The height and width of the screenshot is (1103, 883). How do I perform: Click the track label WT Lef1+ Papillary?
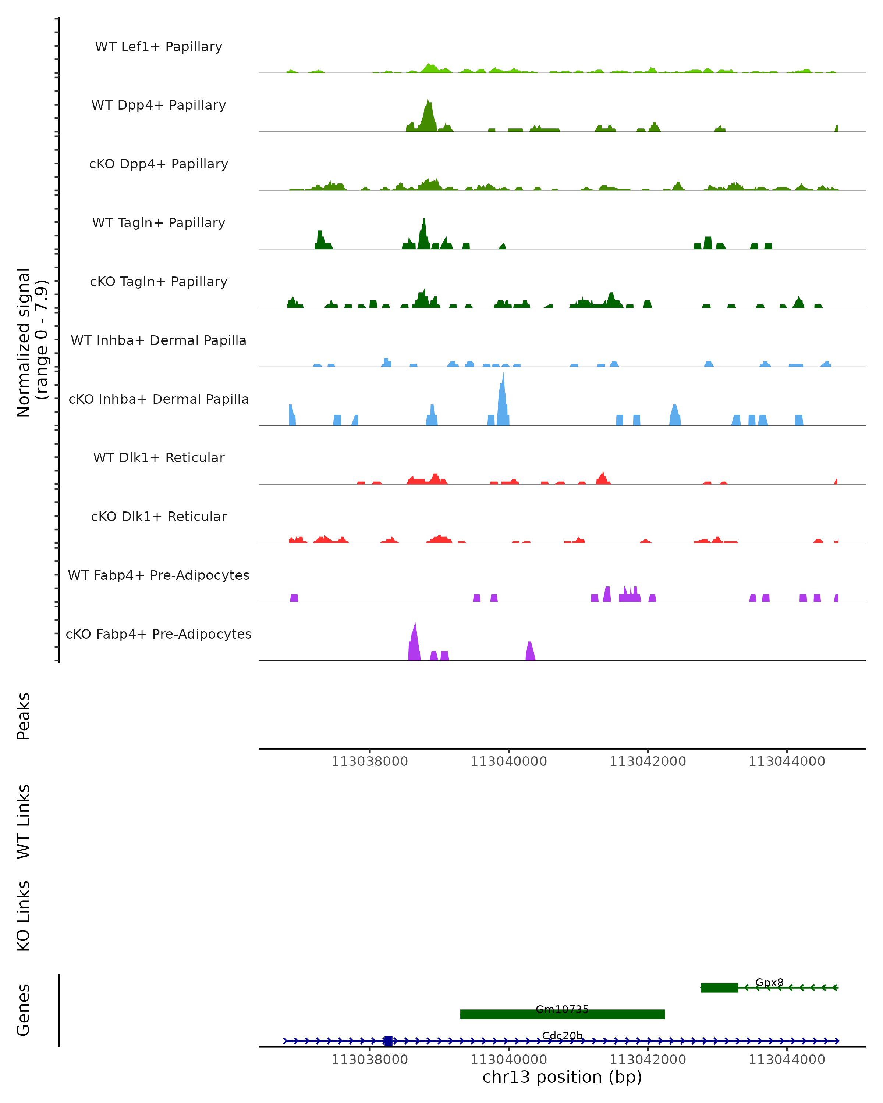click(159, 47)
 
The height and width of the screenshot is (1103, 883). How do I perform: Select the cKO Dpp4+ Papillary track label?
click(159, 164)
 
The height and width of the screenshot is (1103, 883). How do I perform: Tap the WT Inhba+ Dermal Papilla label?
click(159, 341)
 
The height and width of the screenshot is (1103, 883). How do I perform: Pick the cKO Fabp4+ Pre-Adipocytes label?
click(159, 634)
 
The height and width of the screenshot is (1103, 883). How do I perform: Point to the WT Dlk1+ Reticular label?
click(159, 458)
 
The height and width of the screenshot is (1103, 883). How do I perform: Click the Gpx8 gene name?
click(769, 982)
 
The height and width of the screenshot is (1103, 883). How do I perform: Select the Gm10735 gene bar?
click(562, 1014)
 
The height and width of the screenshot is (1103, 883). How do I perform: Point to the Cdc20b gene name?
click(562, 1035)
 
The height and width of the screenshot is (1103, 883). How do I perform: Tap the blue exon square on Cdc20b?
click(389, 1040)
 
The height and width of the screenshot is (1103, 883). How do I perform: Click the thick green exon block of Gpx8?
click(719, 988)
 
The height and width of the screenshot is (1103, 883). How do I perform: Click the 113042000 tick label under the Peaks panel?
click(648, 761)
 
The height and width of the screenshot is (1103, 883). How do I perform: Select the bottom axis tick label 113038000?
click(370, 1060)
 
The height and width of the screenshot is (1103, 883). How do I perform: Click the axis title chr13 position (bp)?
click(562, 1077)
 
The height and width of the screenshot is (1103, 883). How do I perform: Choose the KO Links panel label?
click(24, 916)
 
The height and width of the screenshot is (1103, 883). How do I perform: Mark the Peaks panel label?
click(24, 716)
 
